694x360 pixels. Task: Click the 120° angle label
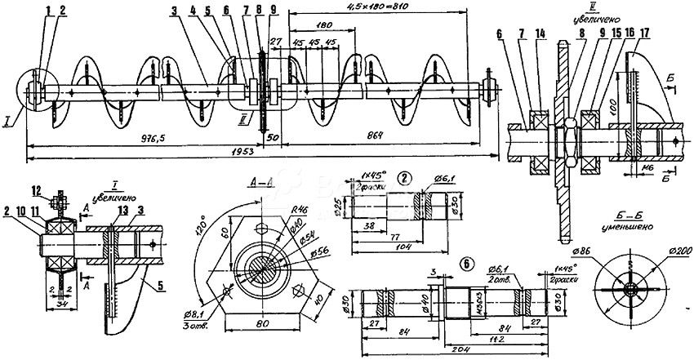coord(201,224)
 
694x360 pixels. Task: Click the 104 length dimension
coord(403,245)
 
